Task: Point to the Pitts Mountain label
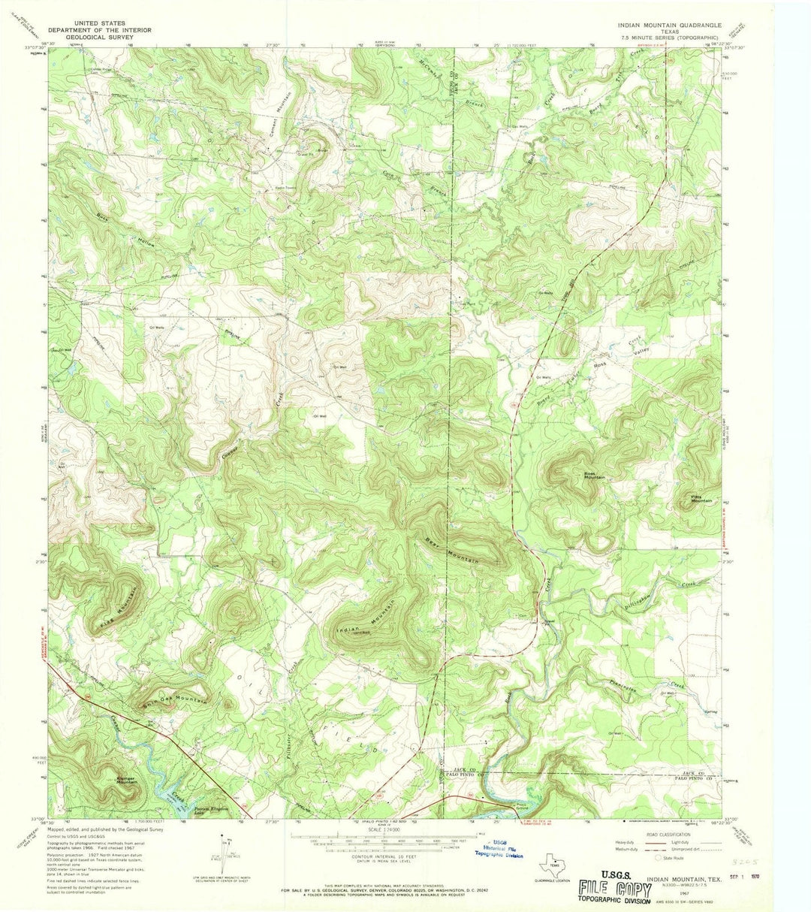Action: tap(701, 499)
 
